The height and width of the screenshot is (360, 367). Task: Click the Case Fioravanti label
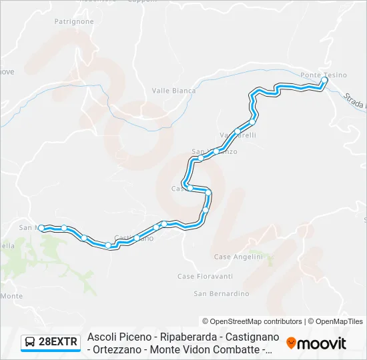click(x=205, y=276)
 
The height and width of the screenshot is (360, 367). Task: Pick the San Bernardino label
click(x=221, y=293)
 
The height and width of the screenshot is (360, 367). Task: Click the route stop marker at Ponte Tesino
click(x=324, y=81)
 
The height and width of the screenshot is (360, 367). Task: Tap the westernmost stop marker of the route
click(x=41, y=228)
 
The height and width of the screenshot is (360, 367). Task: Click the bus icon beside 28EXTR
click(x=30, y=343)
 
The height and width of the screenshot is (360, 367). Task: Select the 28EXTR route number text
click(x=59, y=343)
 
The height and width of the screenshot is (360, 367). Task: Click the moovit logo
click(x=316, y=343)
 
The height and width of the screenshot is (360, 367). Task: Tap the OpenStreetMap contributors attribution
click(x=252, y=321)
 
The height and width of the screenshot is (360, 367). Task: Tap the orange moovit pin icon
click(x=291, y=343)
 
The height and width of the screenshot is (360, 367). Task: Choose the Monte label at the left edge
click(x=12, y=295)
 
